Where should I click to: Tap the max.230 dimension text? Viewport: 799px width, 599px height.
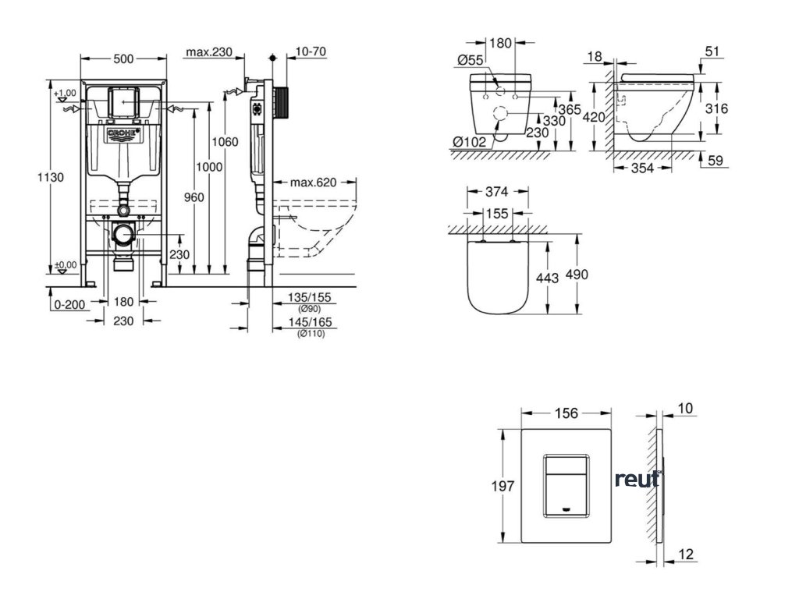[x=209, y=52]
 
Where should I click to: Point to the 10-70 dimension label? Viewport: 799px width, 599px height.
[x=311, y=52]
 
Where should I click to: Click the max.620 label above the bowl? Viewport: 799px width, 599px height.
[x=312, y=183]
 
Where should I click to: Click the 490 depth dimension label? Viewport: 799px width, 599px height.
[x=577, y=275]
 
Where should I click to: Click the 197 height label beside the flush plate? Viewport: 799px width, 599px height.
[x=505, y=485]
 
